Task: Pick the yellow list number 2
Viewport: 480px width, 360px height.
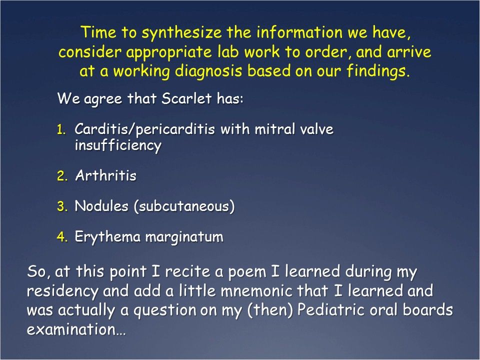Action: tap(61, 176)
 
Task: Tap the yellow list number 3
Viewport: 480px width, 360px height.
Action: tap(61, 206)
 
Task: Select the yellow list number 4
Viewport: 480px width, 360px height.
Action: tap(61, 237)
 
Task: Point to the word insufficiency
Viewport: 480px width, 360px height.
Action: tap(118, 145)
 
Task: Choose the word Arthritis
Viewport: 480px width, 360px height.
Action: tap(105, 176)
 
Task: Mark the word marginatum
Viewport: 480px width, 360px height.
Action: tap(184, 237)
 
